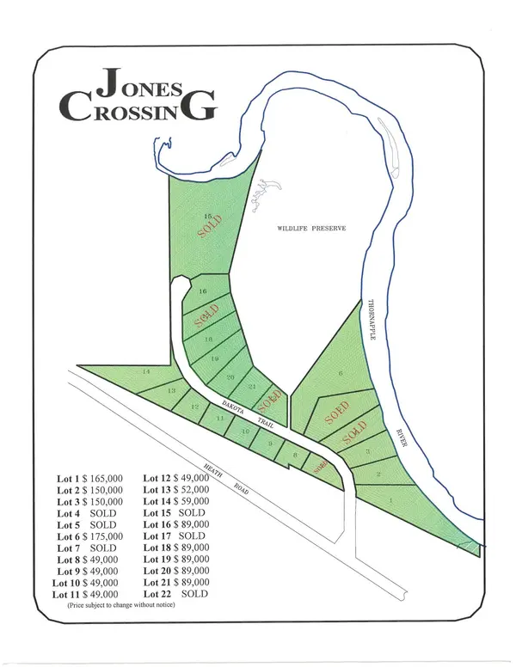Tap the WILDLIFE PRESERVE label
[310, 228]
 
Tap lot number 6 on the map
[341, 373]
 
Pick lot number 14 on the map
[146, 371]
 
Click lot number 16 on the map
[204, 292]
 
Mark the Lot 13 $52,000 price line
[176, 489]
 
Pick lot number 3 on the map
[367, 451]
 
